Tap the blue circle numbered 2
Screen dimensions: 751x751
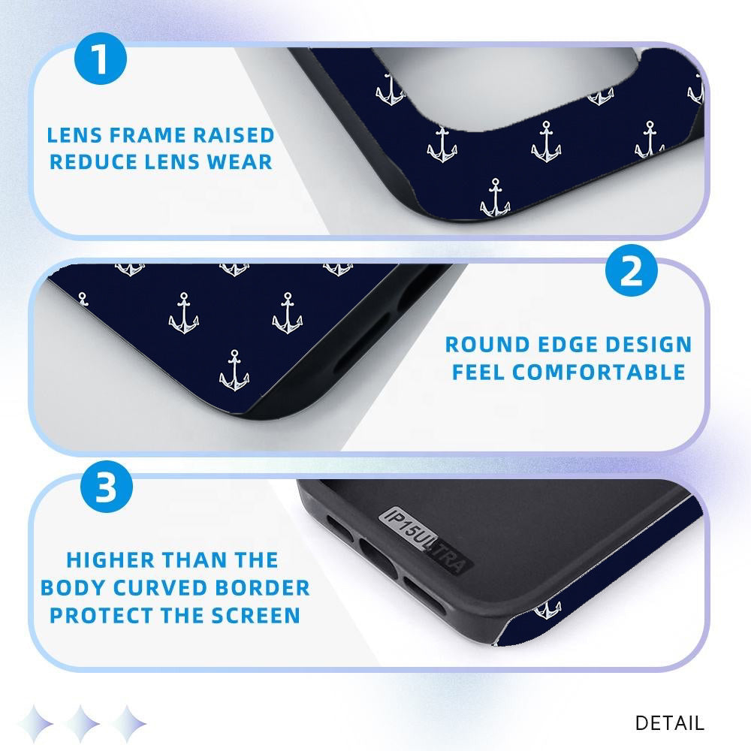(x=632, y=270)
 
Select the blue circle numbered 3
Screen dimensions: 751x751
(x=107, y=487)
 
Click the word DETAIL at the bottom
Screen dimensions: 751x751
(x=670, y=723)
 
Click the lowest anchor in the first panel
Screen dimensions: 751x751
(x=495, y=198)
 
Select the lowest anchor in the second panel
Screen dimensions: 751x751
(x=234, y=370)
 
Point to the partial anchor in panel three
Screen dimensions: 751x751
(x=547, y=609)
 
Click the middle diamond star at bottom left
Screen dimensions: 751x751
(x=83, y=723)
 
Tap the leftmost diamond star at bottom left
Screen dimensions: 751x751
(x=36, y=723)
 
